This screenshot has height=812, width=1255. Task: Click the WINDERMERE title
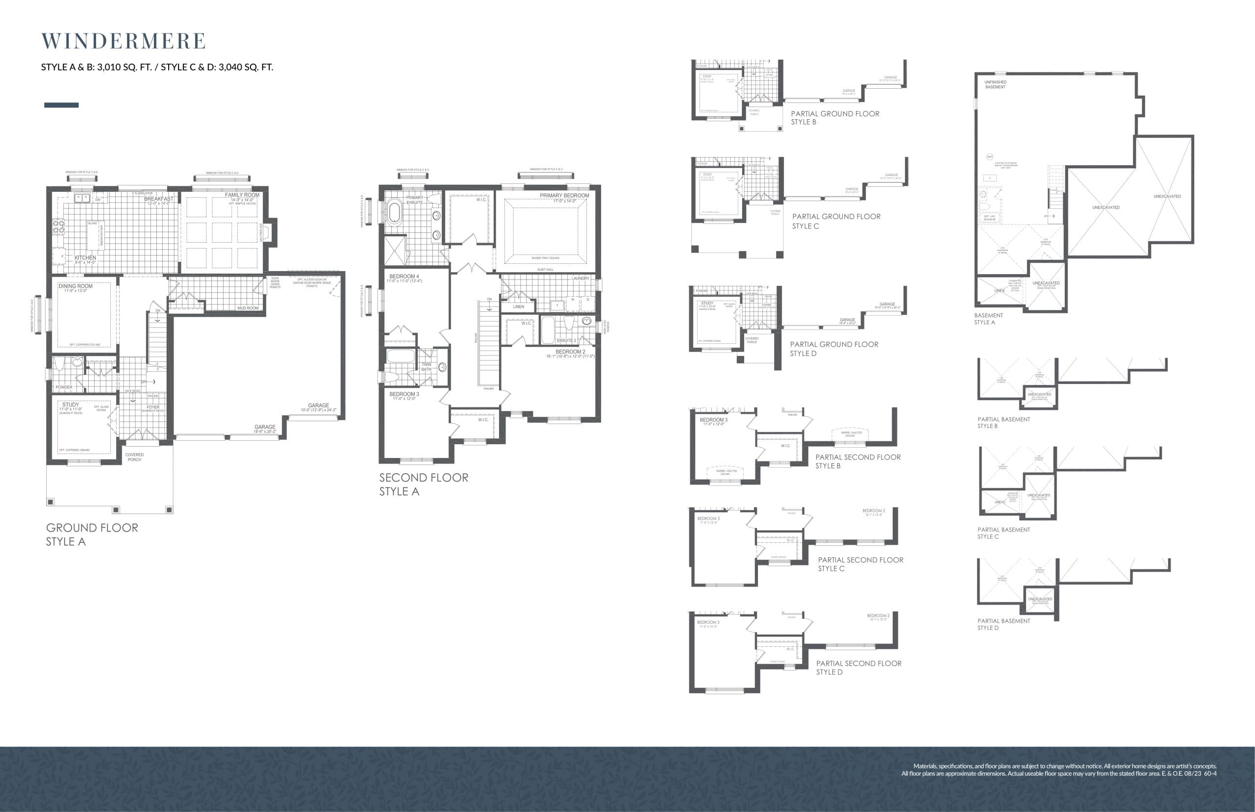[x=124, y=41]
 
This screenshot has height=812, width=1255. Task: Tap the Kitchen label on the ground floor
[x=85, y=258]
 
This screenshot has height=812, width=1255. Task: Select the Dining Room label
[x=75, y=286]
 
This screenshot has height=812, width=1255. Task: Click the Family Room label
[x=242, y=195]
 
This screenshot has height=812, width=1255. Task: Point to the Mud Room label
[x=248, y=308]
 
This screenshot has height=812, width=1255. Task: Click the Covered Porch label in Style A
[x=134, y=457]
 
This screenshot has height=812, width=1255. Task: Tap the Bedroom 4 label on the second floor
[x=404, y=276]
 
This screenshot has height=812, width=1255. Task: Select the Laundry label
[x=580, y=279]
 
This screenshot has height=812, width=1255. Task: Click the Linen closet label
[x=519, y=306]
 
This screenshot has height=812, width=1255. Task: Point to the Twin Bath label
[x=426, y=366]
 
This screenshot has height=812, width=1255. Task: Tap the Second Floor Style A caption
[x=423, y=484]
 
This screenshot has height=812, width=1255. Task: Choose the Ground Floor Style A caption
[x=92, y=534]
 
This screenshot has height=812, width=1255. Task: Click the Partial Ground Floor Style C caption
[x=836, y=221]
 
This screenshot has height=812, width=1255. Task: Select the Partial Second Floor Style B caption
[x=857, y=461]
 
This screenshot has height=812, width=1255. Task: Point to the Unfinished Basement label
[x=995, y=84]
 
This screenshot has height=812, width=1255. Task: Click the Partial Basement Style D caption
[x=1003, y=624]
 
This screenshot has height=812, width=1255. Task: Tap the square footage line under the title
[x=157, y=67]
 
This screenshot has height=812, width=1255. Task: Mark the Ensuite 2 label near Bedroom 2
[x=566, y=341]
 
